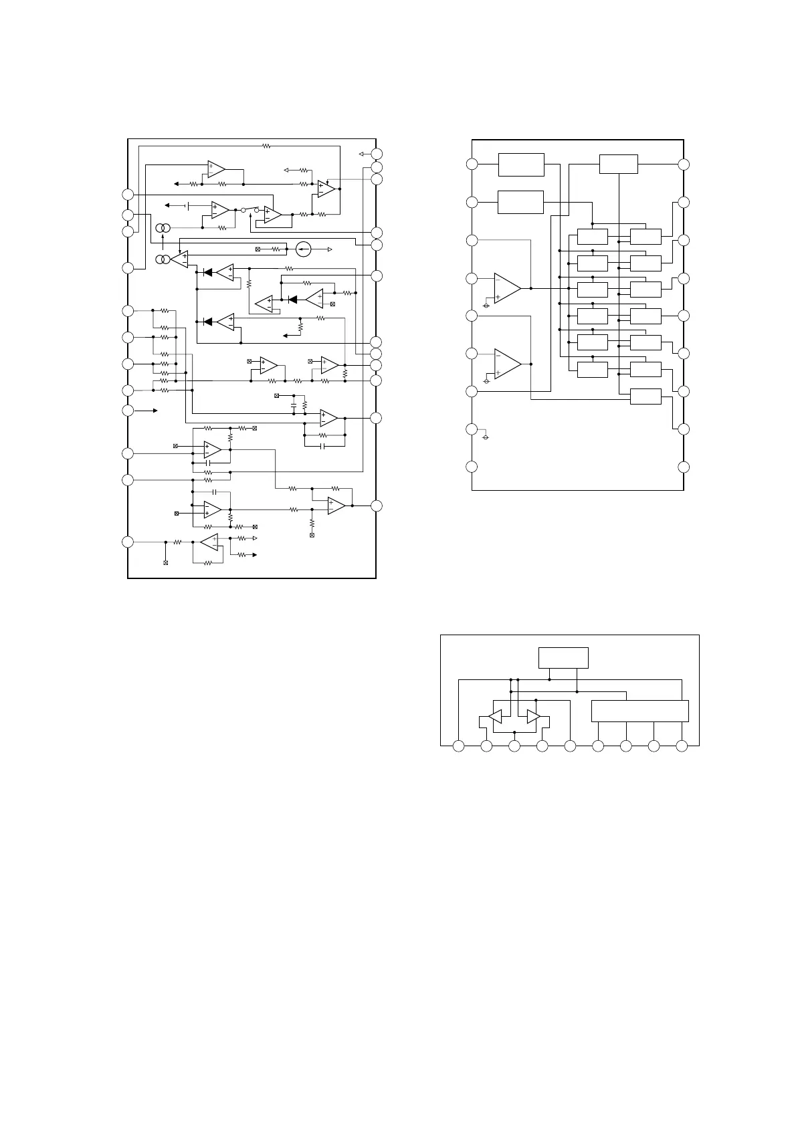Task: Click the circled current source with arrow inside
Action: (303, 249)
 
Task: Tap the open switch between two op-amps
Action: (250, 209)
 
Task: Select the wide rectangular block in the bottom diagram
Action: (639, 711)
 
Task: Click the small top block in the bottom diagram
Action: (563, 657)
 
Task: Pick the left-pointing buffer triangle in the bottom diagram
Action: (495, 717)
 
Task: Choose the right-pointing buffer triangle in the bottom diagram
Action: (533, 717)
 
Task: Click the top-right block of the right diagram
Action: (619, 164)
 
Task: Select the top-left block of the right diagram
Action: (521, 164)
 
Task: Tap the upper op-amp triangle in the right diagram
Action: (507, 288)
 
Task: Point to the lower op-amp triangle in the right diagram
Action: (507, 363)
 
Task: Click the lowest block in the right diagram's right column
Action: (645, 396)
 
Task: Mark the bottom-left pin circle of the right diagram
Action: (472, 466)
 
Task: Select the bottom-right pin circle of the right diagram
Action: (684, 466)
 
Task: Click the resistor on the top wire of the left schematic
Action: (266, 144)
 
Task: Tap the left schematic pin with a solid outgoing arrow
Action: (128, 410)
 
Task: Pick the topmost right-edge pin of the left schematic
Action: (377, 154)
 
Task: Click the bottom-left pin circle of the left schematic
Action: (128, 542)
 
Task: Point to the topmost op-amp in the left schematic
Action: (215, 168)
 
